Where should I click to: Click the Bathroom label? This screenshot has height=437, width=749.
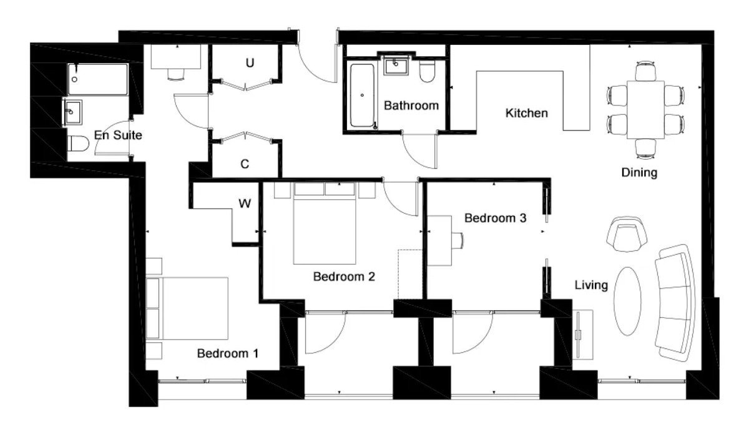411,106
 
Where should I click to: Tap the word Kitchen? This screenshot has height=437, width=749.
526,113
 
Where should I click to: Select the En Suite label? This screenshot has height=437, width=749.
118,135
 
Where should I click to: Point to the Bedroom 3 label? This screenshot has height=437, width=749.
495,218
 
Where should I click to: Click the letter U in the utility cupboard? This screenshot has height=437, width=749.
250,62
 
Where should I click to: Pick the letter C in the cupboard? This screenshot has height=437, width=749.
245,164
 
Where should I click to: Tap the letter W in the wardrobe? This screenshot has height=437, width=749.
245,204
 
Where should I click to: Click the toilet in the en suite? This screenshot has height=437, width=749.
78,144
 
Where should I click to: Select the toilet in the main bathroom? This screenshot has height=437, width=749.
427,71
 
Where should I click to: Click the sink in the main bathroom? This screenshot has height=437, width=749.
396,66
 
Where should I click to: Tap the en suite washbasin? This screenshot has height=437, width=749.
72,112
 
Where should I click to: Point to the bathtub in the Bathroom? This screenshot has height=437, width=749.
362,96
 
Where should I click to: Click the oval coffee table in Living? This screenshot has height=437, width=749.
628,301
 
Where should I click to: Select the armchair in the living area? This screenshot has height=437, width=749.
627,234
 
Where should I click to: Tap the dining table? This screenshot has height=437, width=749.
645,110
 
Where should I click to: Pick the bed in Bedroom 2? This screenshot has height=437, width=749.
325,223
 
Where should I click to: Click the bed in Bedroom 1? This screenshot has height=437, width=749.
187,308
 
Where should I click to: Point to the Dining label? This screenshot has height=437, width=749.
639,172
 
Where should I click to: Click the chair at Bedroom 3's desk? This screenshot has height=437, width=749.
458,241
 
